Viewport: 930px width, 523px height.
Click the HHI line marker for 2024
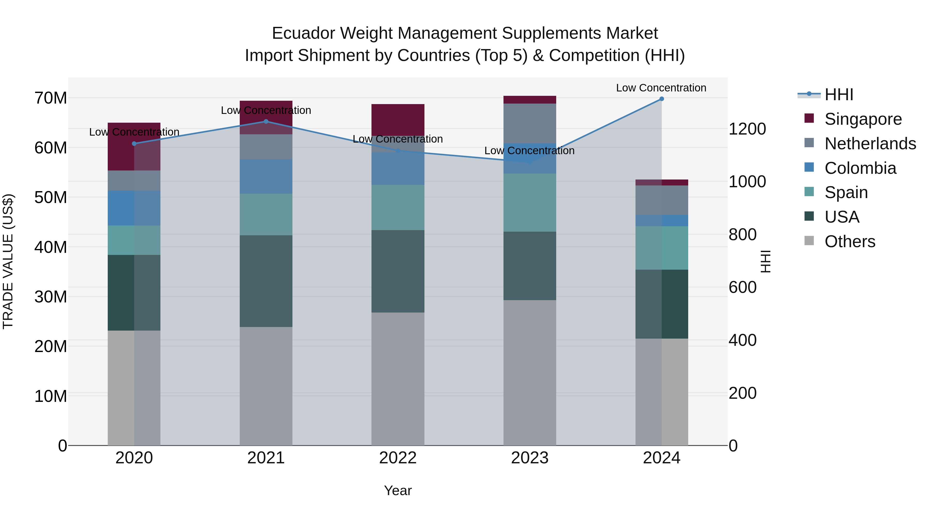(661, 99)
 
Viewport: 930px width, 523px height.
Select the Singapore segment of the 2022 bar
(398, 120)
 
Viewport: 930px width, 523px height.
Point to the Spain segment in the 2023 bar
(529, 202)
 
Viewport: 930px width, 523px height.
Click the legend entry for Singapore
(863, 119)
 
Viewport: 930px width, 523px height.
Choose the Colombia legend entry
(860, 168)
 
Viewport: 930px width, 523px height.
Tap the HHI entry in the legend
(839, 95)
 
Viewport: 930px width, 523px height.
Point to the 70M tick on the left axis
(51, 98)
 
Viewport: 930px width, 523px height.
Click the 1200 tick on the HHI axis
(747, 129)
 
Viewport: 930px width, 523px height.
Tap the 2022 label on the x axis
(398, 458)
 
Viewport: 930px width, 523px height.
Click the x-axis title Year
(398, 490)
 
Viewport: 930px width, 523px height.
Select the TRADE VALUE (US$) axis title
(8, 261)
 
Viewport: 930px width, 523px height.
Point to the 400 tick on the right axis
(742, 340)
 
